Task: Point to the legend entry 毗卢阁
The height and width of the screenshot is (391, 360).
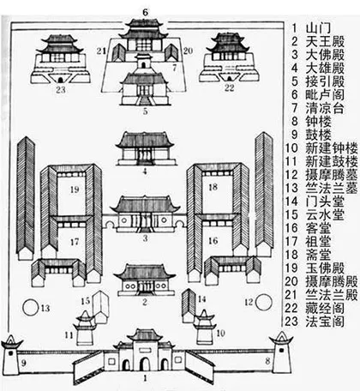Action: pyautogui.click(x=323, y=105)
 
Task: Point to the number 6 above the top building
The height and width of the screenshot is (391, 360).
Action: pyautogui.click(x=145, y=10)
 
